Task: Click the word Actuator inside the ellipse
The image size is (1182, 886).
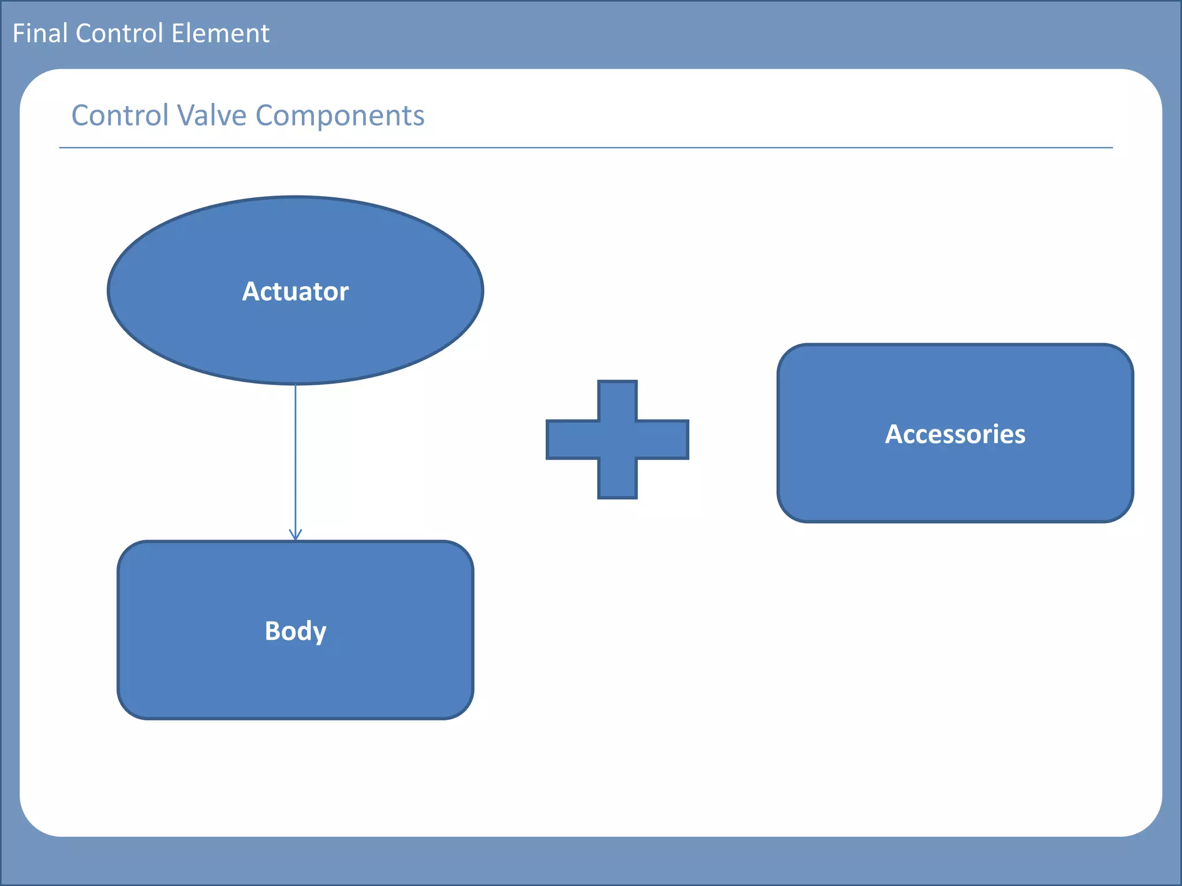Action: coord(295,291)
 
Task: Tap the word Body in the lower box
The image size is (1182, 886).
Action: coord(295,631)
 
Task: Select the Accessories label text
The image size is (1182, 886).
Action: coord(955,434)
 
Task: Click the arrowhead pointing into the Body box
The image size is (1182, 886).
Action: coord(295,535)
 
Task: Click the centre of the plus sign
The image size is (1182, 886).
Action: coord(618,440)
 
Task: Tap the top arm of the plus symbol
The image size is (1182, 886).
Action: coord(618,400)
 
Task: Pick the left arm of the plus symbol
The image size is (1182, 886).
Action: coord(571,440)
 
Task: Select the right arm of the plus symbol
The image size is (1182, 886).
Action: coord(663,440)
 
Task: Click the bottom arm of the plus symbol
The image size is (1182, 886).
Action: coord(618,479)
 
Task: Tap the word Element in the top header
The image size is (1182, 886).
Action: coord(220,33)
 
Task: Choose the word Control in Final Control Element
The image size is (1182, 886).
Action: coord(119,33)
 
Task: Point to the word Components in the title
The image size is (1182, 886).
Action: coord(340,115)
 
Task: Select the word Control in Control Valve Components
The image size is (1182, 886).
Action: coord(119,115)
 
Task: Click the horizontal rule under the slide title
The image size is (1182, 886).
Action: coord(585,148)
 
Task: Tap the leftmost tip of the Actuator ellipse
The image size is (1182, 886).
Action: coord(109,291)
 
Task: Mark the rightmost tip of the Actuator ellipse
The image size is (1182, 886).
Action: coord(482,291)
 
